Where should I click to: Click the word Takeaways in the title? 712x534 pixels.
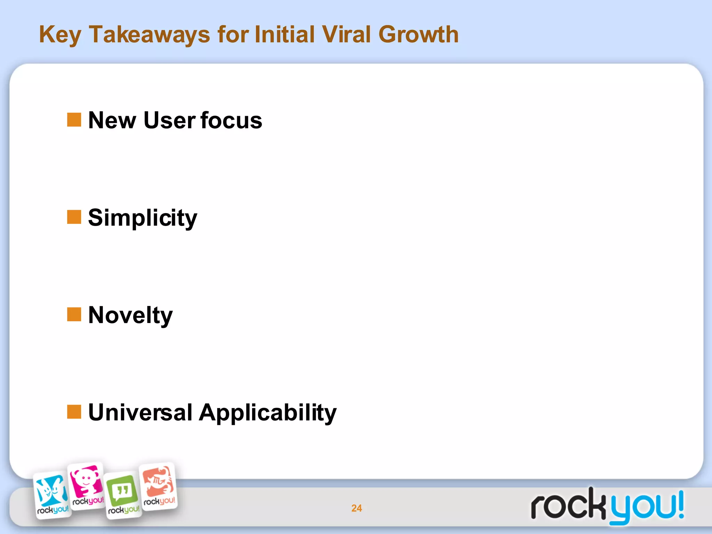(149, 35)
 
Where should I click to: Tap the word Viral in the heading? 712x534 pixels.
(346, 35)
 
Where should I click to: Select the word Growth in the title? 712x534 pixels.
(418, 35)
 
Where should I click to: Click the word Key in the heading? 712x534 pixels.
(60, 35)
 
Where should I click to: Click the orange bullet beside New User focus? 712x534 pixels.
(74, 120)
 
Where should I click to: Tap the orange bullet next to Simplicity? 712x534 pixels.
(74, 217)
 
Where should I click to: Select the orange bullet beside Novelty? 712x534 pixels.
(74, 314)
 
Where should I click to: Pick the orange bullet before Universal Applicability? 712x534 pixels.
(74, 412)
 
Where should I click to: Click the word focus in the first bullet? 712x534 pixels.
(231, 120)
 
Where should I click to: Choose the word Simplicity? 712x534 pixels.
(143, 218)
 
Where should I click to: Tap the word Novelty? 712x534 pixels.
(130, 316)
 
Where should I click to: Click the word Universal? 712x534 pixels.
(140, 412)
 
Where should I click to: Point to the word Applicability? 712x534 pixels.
(268, 413)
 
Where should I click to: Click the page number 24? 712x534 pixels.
(356, 508)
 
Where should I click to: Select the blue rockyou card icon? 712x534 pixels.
(52, 495)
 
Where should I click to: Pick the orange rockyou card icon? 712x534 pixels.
(159, 486)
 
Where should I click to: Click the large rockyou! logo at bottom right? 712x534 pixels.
(607, 506)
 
